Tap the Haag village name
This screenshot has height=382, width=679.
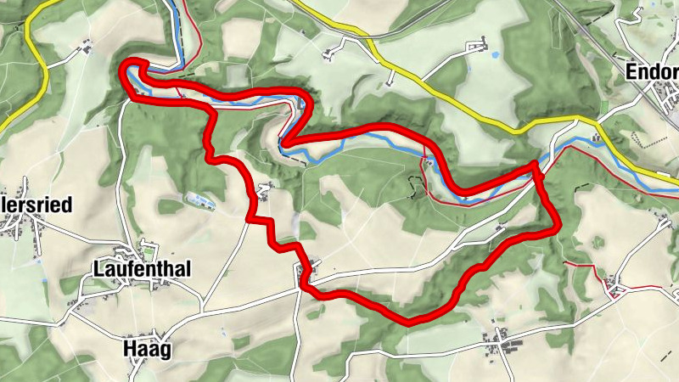click(x=147, y=349)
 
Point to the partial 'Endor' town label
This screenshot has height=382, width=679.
click(x=652, y=73)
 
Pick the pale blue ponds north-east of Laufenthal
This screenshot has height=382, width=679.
click(x=197, y=200)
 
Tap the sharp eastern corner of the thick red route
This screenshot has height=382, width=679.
click(x=558, y=228)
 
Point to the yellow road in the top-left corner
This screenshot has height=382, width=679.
click(x=34, y=51)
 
